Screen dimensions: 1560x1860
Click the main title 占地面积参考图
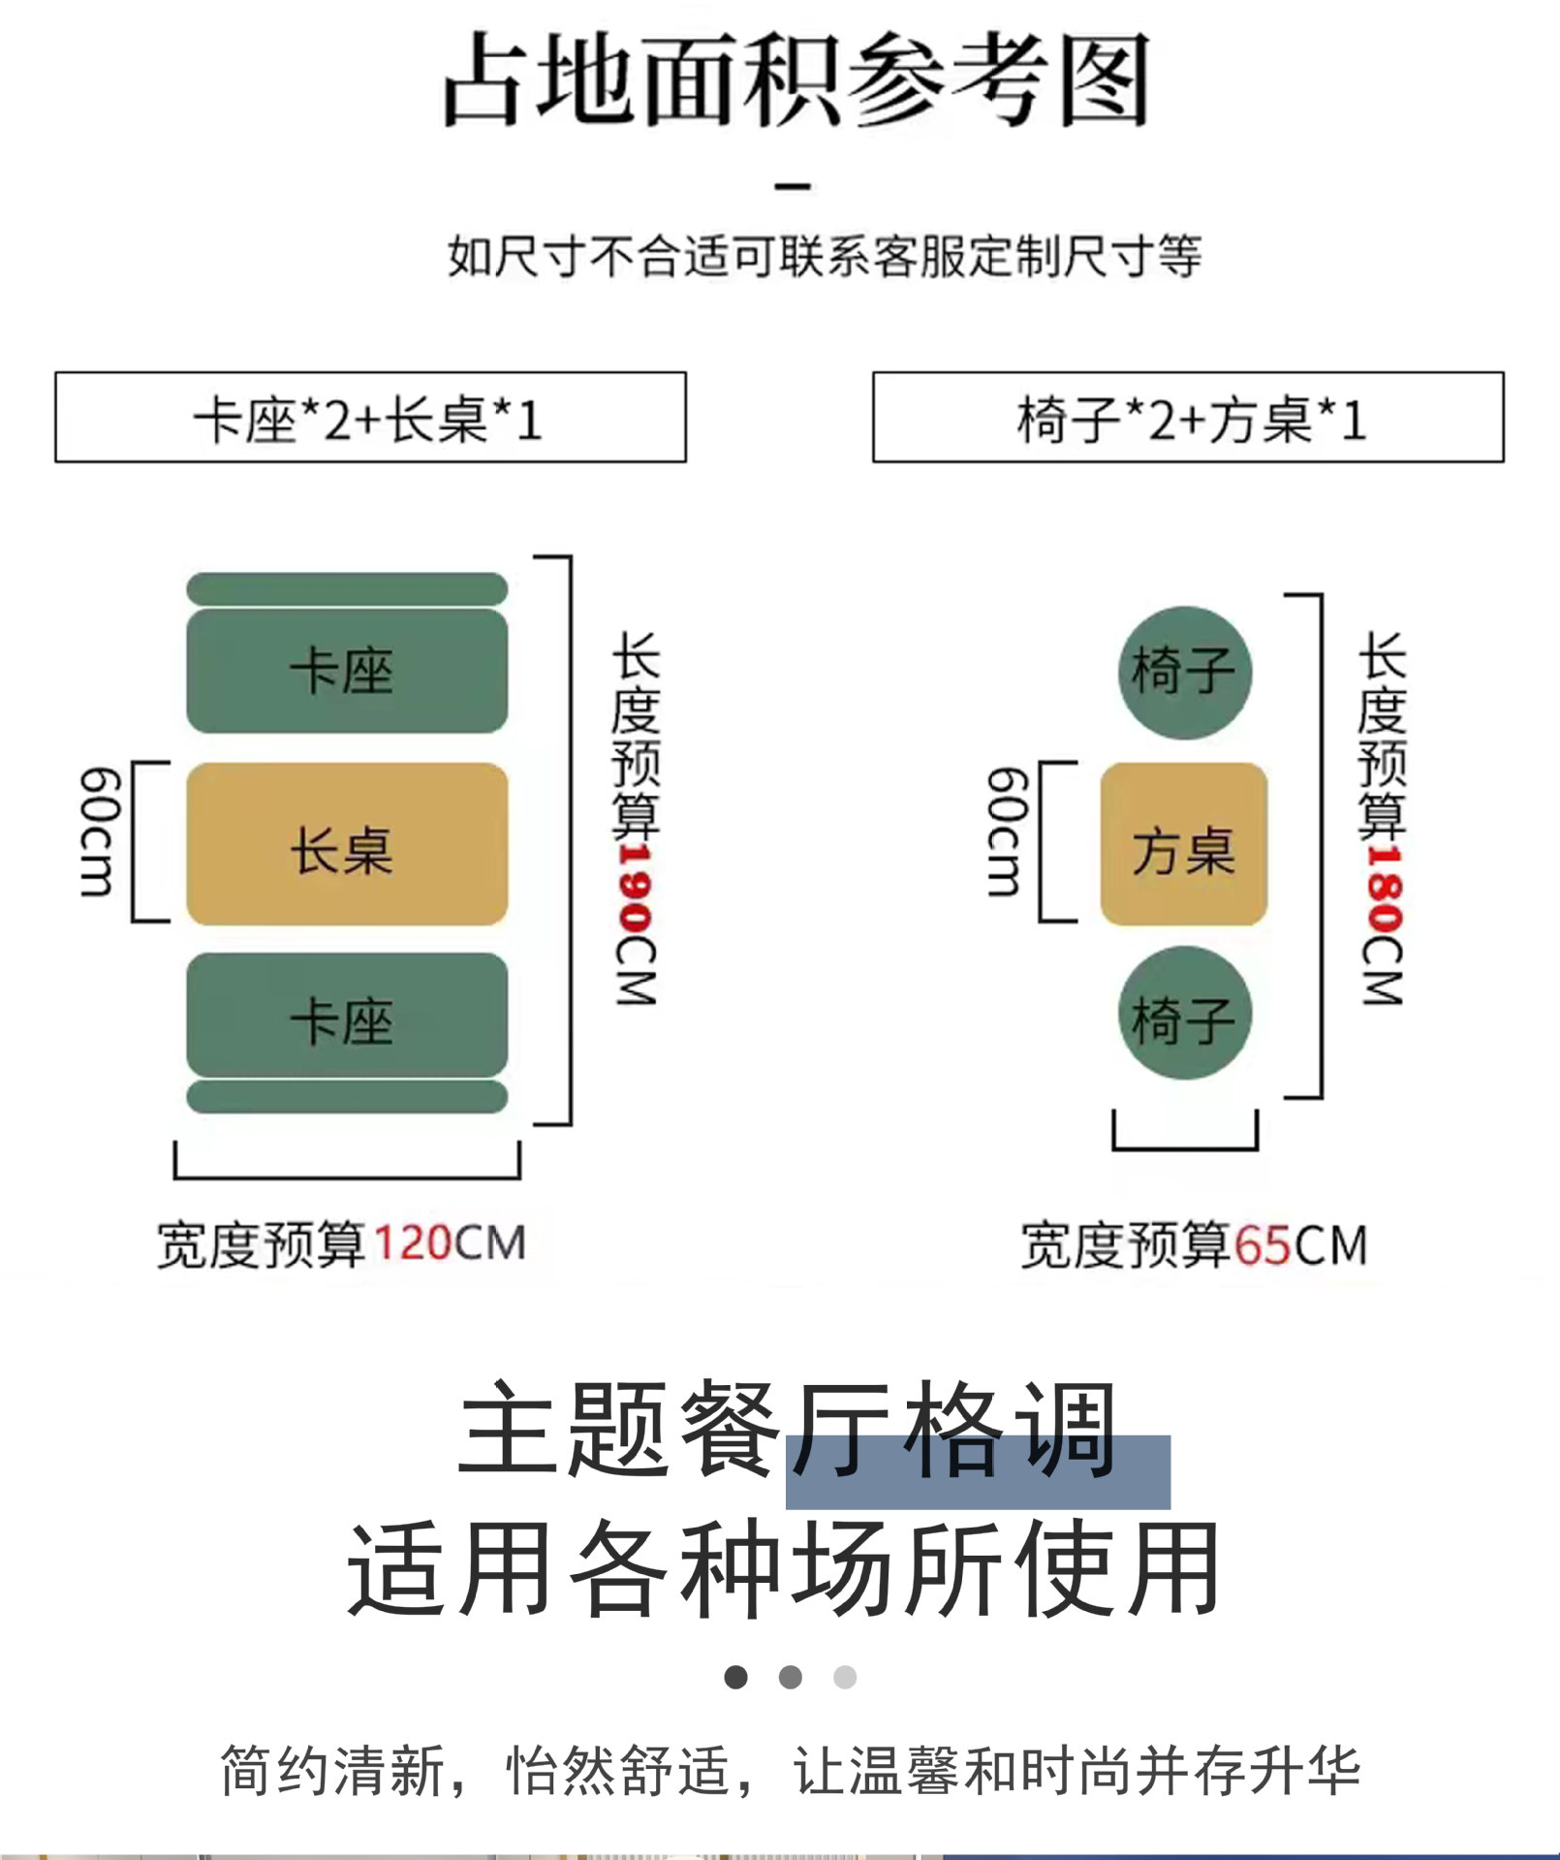point(796,79)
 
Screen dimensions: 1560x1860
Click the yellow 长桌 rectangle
point(347,843)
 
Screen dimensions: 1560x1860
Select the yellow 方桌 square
point(1183,843)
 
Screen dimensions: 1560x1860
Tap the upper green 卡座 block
point(347,671)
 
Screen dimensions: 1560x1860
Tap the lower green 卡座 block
point(347,1015)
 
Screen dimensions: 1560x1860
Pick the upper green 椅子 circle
point(1184,672)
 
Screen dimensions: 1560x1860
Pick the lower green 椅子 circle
point(1184,1013)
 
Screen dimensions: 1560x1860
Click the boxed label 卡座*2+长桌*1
point(370,418)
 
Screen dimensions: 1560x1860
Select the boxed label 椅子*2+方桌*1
point(1188,418)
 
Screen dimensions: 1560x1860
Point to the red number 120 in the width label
point(411,1243)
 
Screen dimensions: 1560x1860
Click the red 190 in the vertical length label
point(636,890)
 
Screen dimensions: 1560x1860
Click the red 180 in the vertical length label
point(1382,890)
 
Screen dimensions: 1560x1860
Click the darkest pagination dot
point(736,1676)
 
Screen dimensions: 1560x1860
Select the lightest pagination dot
point(845,1676)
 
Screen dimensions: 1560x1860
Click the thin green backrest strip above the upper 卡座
point(347,588)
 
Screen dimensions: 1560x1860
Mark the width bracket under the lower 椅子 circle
point(1184,1144)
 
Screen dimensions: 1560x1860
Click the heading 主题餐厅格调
point(787,1429)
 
